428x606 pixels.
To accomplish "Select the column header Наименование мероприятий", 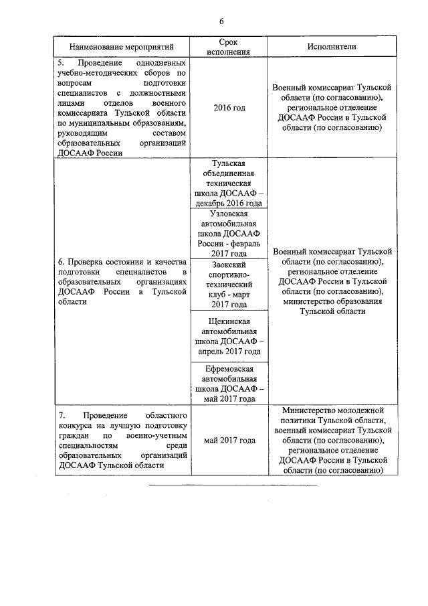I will (122, 47).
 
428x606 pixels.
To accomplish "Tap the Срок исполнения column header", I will (228, 47).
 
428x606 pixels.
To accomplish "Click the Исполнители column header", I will (332, 47).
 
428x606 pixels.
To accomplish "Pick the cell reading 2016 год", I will (228, 108).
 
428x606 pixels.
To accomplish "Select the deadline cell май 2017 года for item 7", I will (228, 441).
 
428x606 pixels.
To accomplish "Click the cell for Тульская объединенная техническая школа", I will (228, 183).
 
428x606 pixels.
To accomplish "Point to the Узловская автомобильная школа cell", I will (228, 234).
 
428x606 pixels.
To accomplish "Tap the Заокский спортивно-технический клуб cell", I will (228, 285).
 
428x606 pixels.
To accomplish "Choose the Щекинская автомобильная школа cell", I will (228, 336).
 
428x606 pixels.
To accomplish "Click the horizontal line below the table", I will (232, 485).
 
